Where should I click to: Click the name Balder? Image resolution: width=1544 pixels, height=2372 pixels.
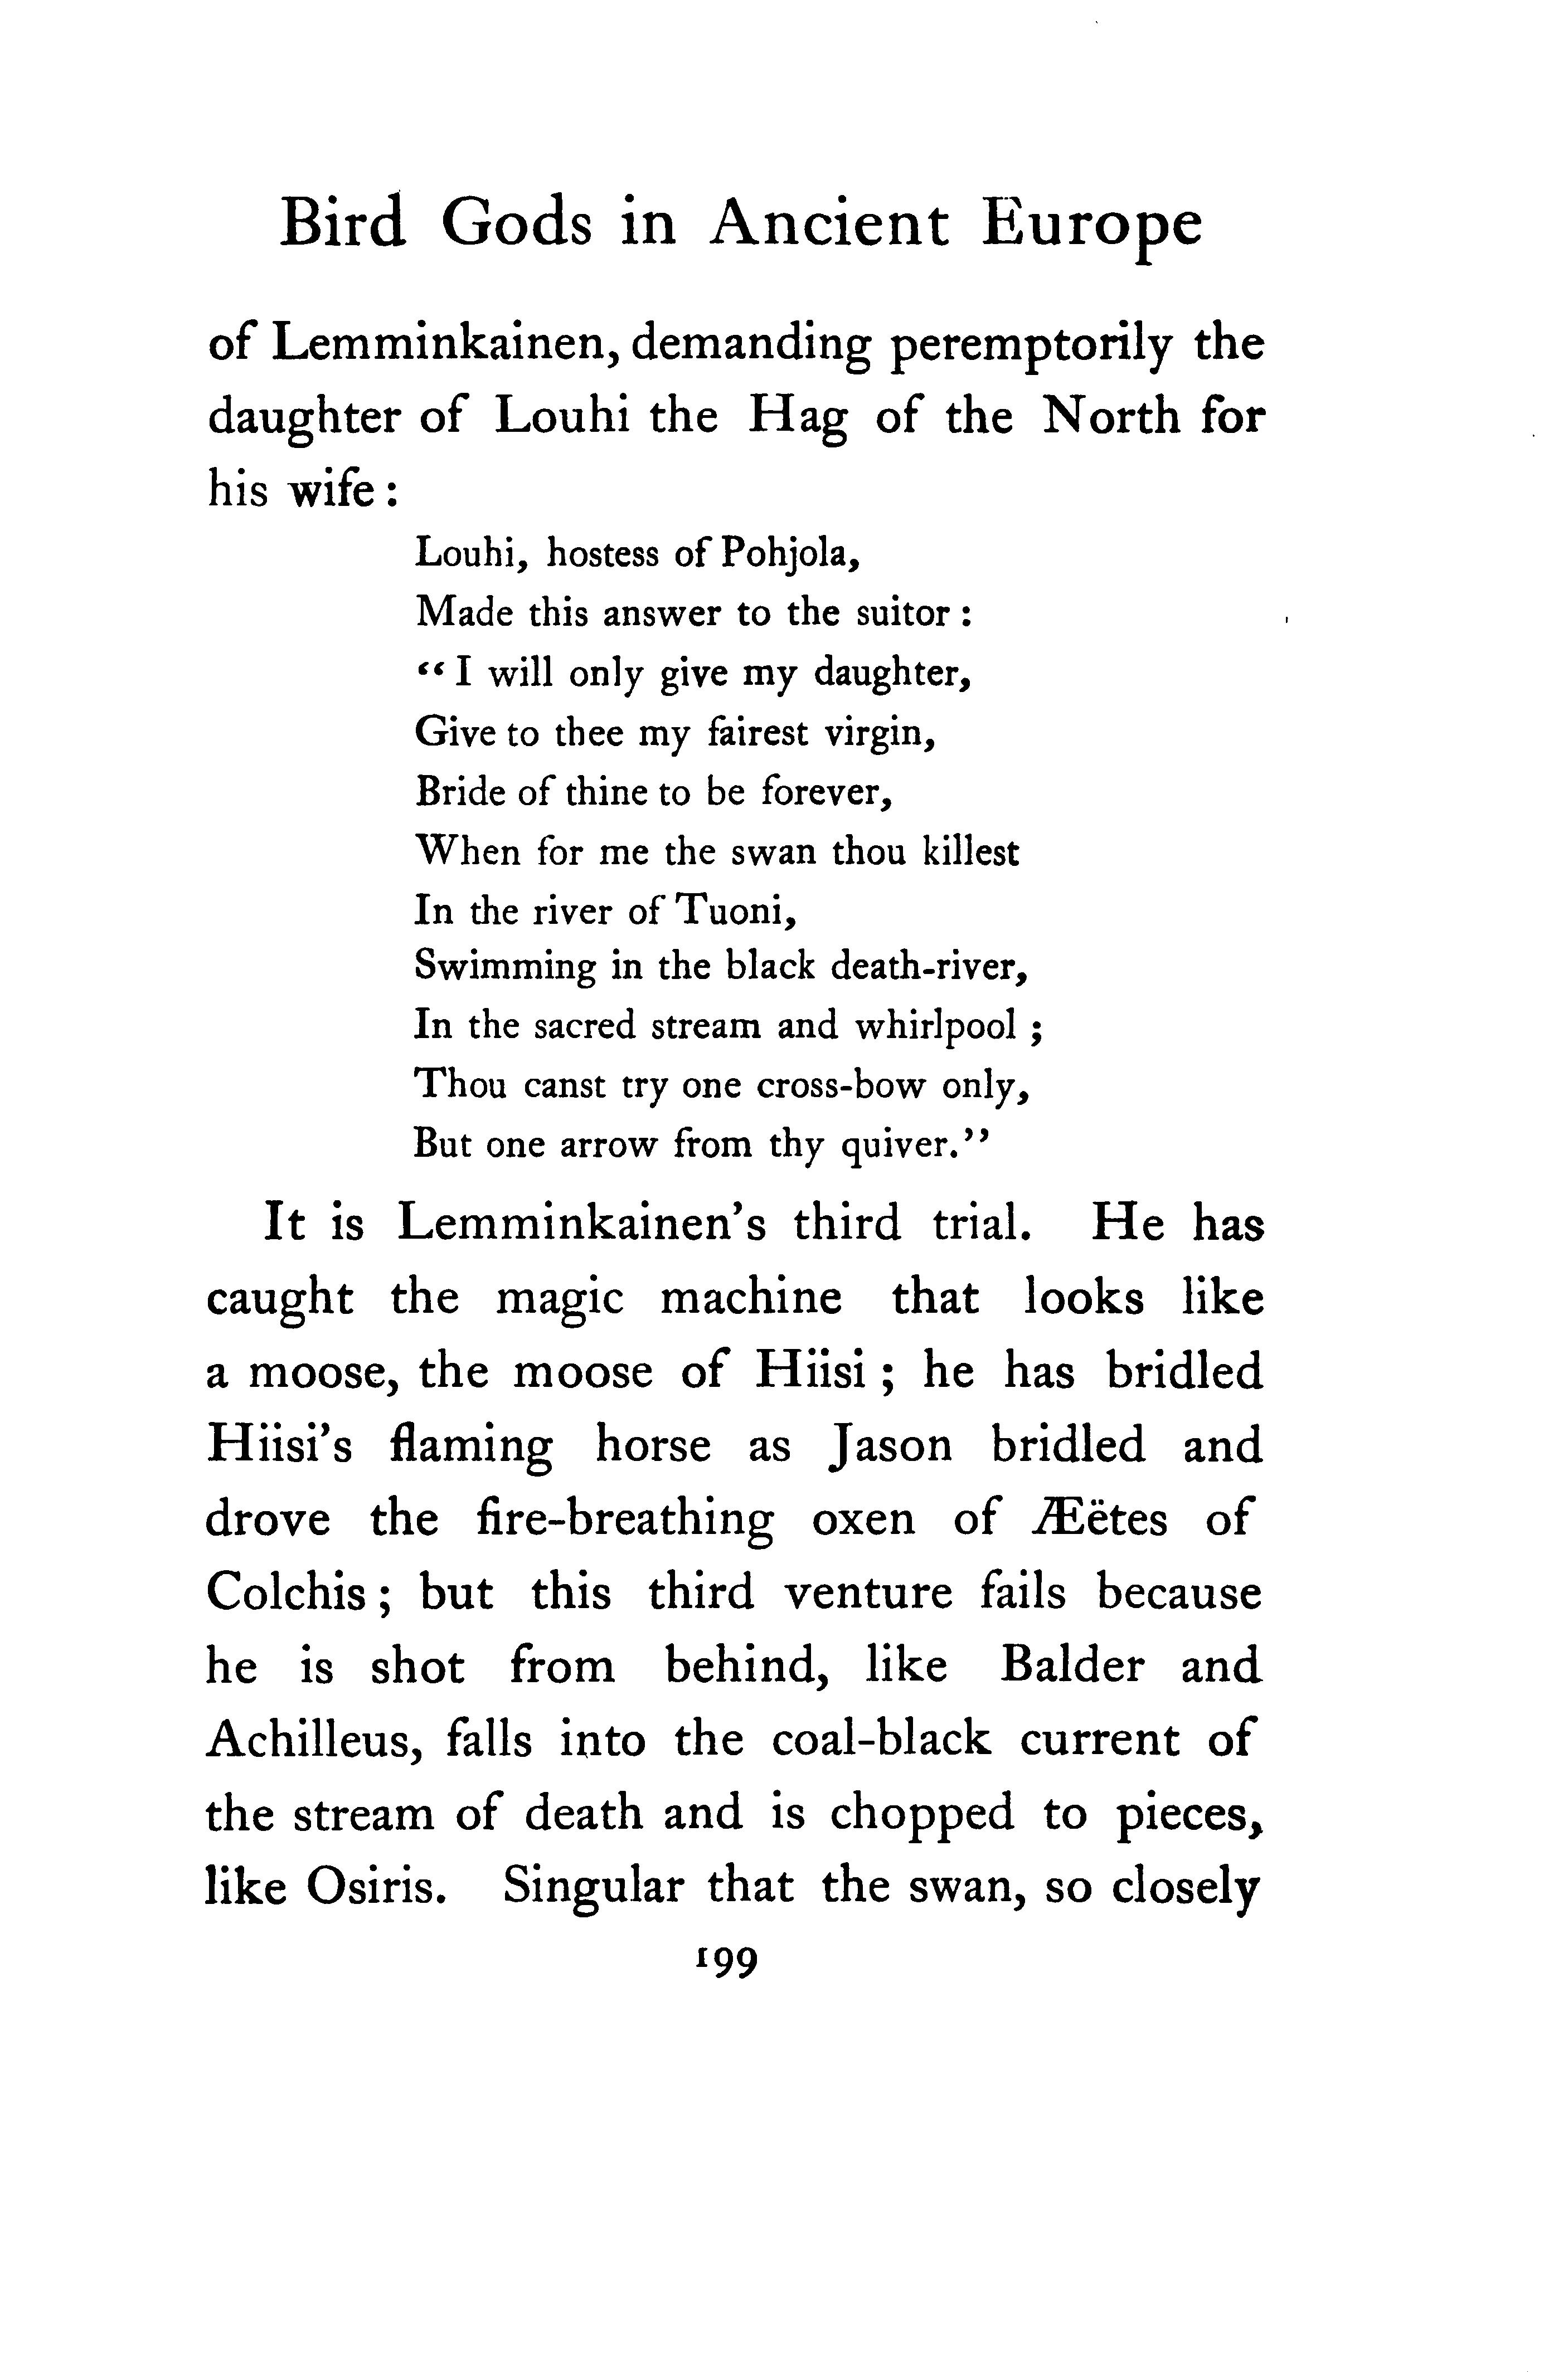point(1071,1667)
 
